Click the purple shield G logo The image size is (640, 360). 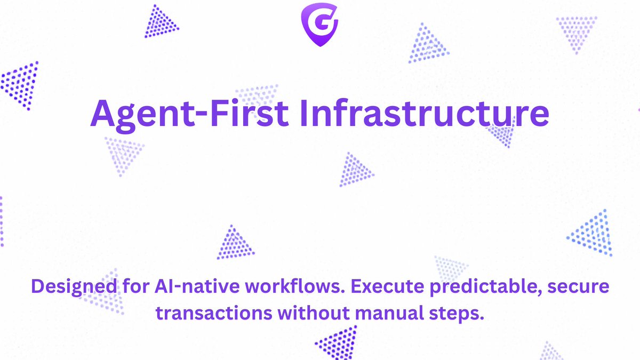click(x=319, y=24)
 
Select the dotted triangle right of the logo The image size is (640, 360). click(x=427, y=45)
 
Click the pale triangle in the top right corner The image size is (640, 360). click(x=576, y=31)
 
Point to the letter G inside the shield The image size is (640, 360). click(x=319, y=23)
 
